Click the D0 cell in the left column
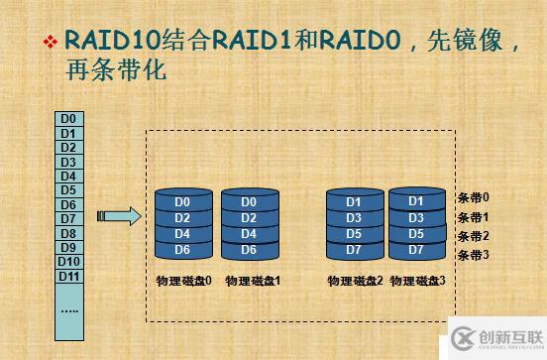click(x=68, y=119)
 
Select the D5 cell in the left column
click(x=68, y=189)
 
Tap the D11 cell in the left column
click(x=68, y=275)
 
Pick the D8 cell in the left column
click(x=68, y=233)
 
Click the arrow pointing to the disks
click(x=117, y=217)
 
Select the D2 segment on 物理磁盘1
click(x=249, y=218)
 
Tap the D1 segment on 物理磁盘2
click(x=354, y=202)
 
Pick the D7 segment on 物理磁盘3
click(x=415, y=249)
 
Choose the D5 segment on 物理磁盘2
click(x=354, y=234)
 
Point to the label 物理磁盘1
click(x=254, y=281)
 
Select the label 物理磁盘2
click(x=355, y=281)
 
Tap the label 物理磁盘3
click(x=418, y=281)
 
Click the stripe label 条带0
click(x=474, y=197)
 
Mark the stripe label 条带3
click(x=474, y=255)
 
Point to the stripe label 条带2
click(x=474, y=236)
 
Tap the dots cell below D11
click(x=68, y=309)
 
